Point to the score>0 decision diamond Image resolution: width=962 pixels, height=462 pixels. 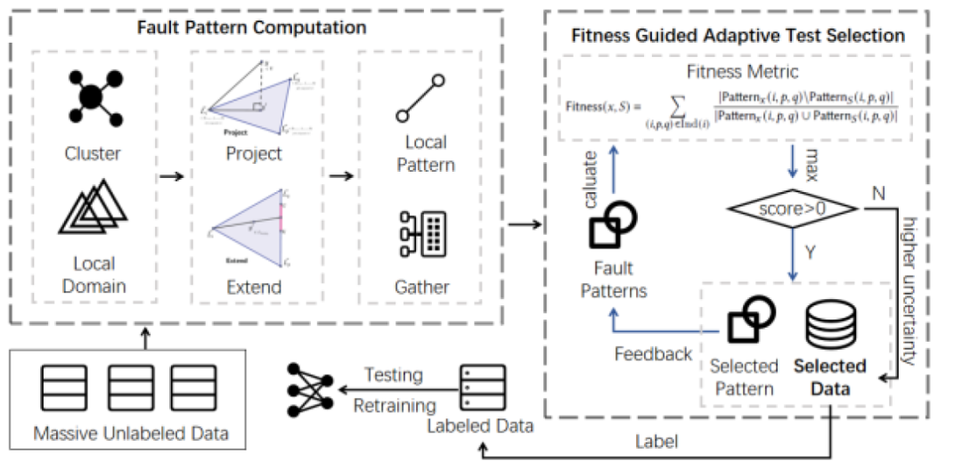(791, 208)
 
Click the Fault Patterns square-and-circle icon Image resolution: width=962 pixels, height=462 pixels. (612, 226)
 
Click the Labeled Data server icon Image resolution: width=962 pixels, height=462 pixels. (477, 385)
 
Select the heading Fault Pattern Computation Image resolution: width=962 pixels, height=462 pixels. (251, 27)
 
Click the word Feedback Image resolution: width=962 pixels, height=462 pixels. (653, 353)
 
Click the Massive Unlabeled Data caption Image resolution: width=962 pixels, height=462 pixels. (132, 434)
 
